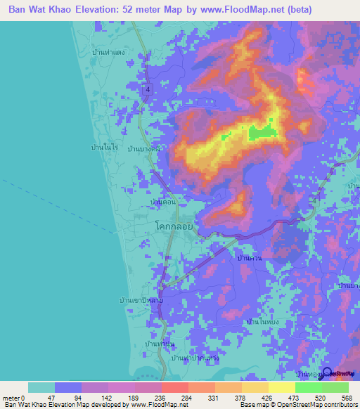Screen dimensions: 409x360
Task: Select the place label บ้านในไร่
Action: pyautogui.click(x=105, y=148)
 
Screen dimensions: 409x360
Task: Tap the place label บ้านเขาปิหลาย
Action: pyautogui.click(x=137, y=300)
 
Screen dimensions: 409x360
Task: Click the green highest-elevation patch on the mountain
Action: pyautogui.click(x=262, y=131)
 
